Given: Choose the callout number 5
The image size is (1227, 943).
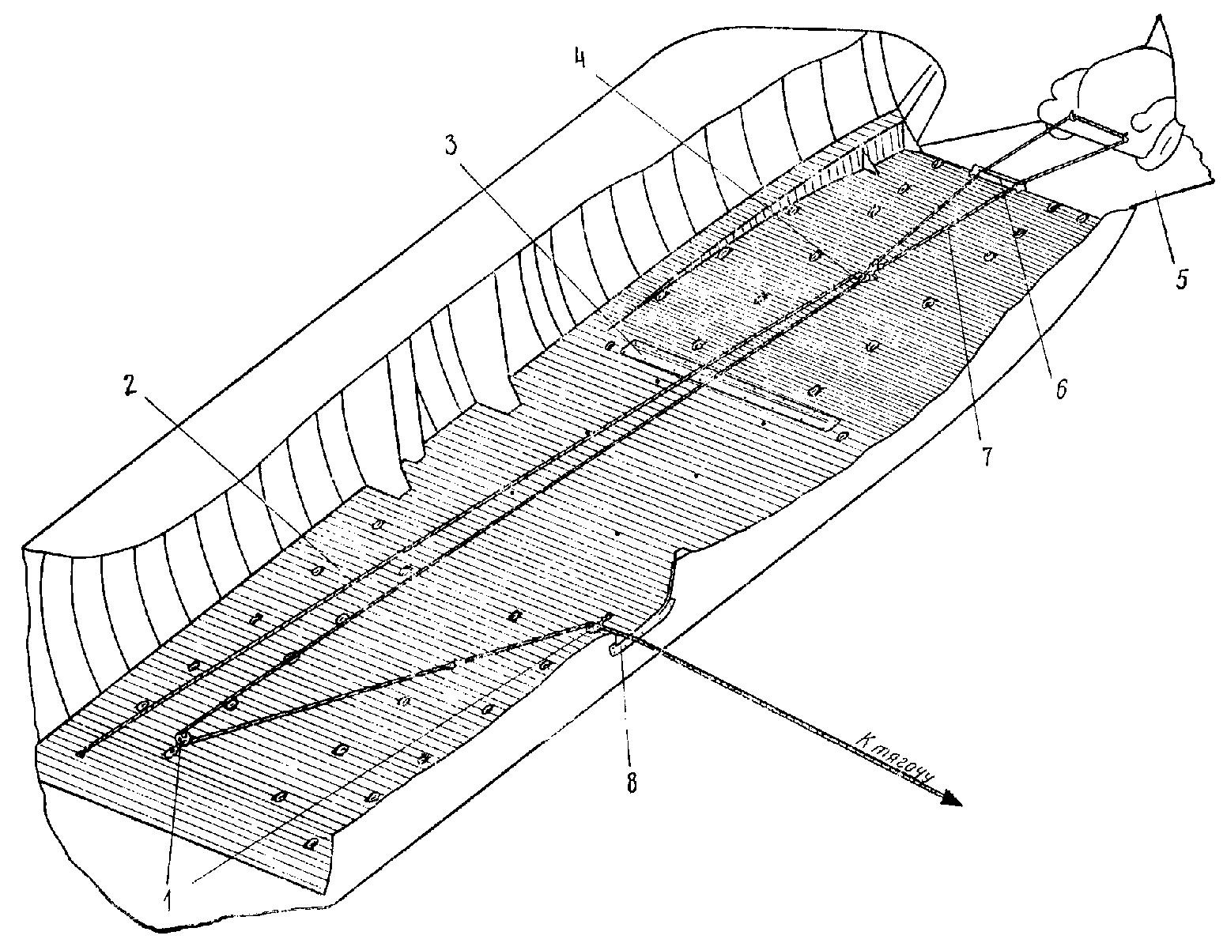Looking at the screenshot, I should point(1181,280).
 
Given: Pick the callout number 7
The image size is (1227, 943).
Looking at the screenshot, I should point(987,457).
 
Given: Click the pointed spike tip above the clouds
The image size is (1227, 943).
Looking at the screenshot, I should point(1159,17).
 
